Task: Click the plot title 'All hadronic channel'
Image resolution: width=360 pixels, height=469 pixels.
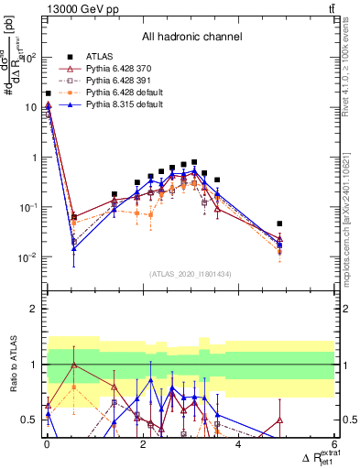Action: pyautogui.click(x=191, y=38)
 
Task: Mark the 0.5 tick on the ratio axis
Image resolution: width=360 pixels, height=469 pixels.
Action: pyautogui.click(x=30, y=420)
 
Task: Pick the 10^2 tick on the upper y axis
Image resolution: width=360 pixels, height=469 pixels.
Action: pyautogui.click(x=28, y=57)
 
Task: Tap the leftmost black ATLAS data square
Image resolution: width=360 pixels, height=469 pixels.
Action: pyautogui.click(x=48, y=93)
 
